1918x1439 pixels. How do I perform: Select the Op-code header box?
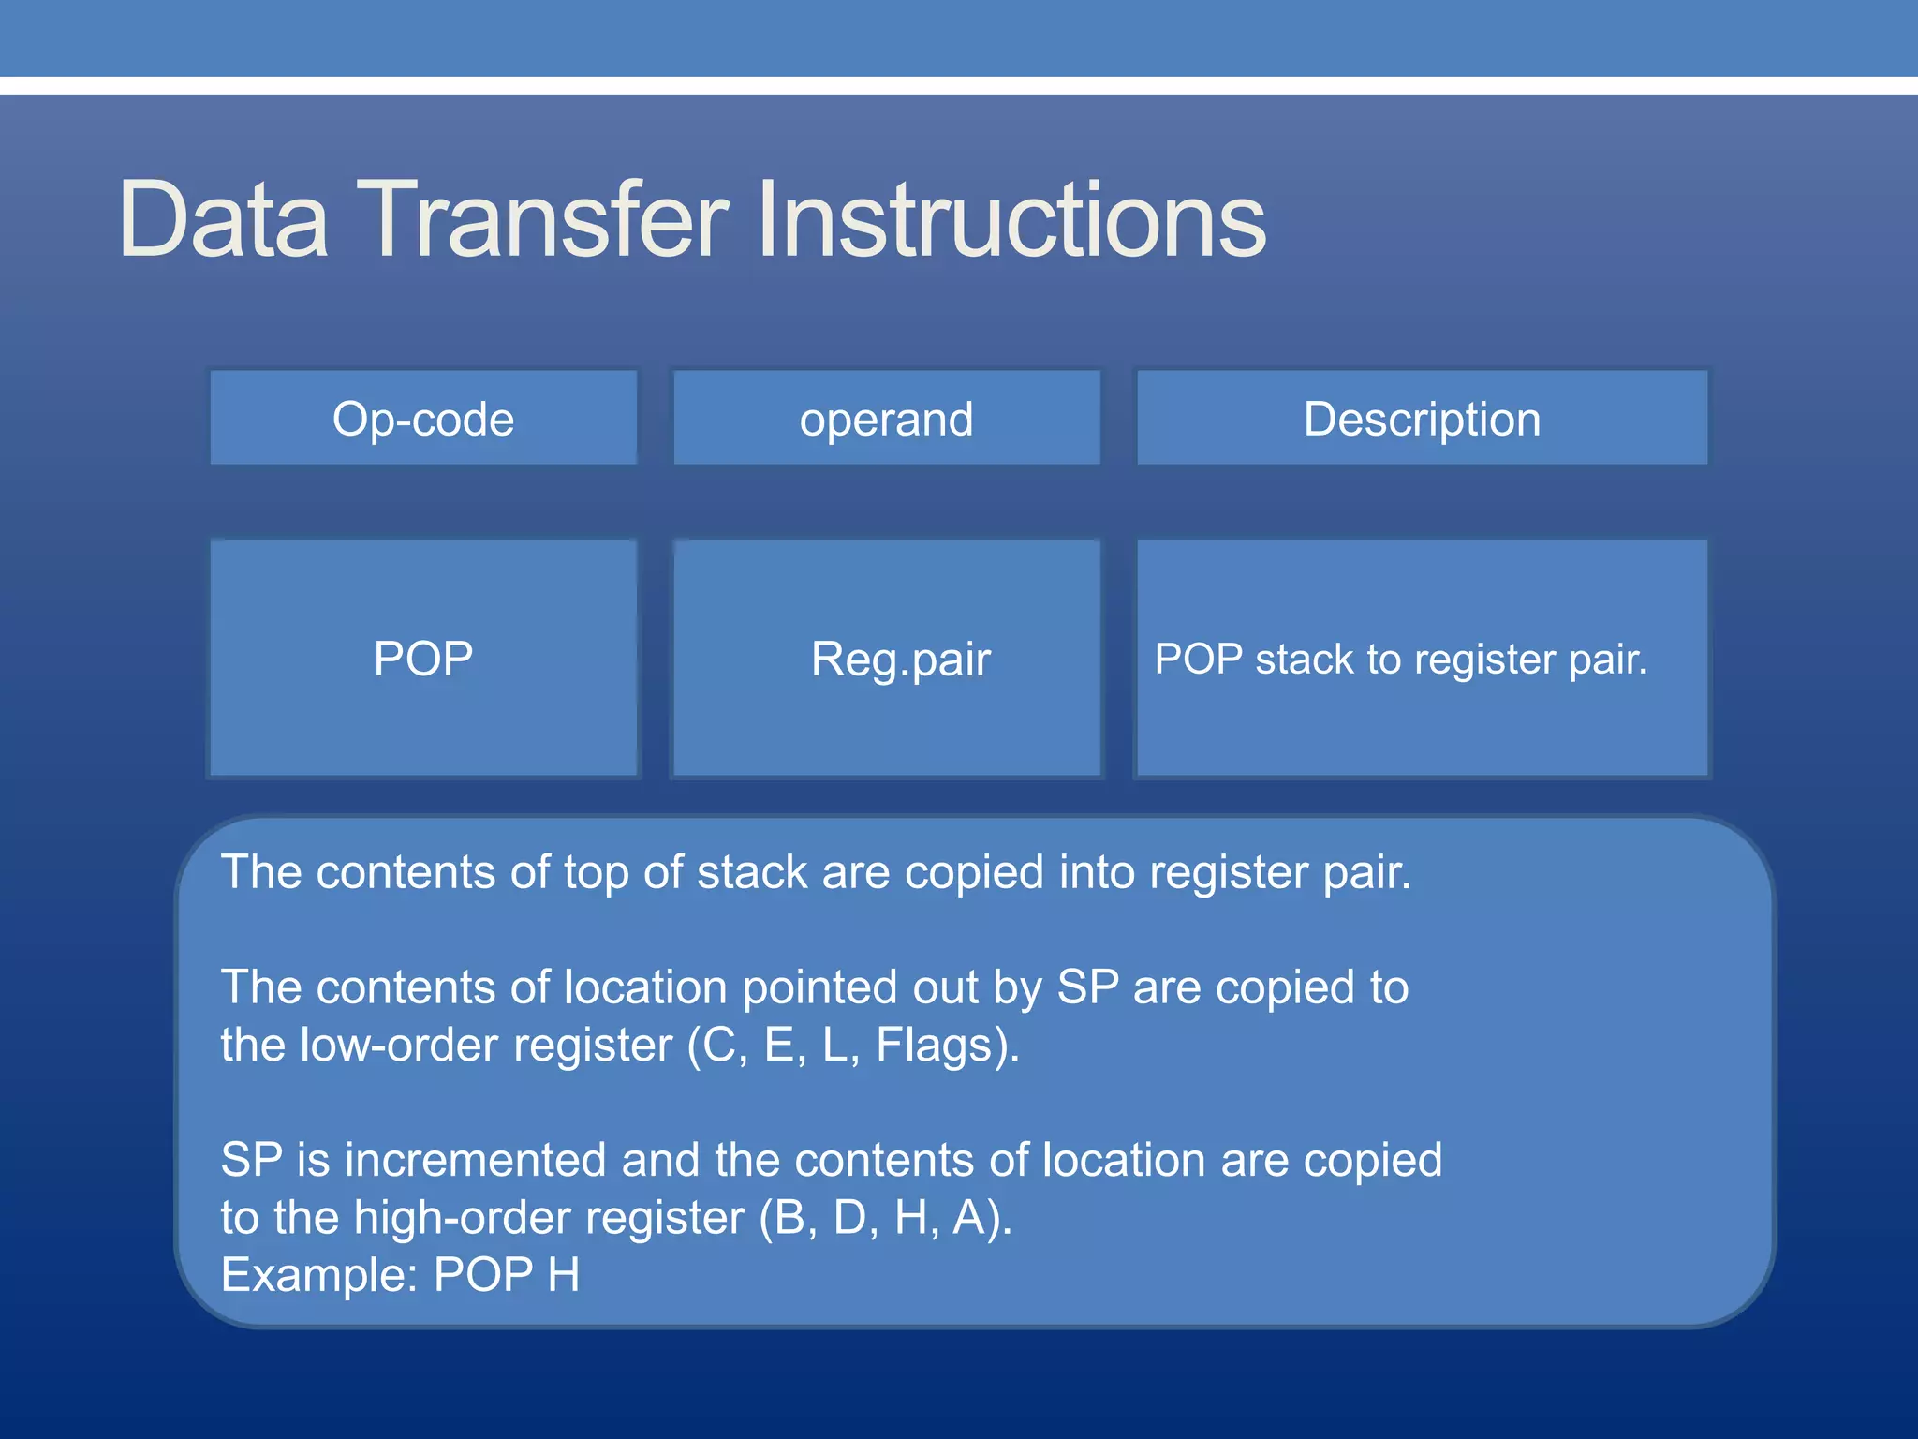[423, 418]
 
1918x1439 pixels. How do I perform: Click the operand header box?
[886, 418]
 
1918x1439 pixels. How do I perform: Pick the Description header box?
[1422, 418]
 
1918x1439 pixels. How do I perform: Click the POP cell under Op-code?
[423, 658]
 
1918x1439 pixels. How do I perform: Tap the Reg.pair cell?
[899, 659]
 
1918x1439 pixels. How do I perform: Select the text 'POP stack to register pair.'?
[1400, 659]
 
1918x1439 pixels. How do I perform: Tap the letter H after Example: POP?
[564, 1275]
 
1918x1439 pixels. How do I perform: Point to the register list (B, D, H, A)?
[885, 1218]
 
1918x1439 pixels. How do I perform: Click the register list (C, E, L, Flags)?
[852, 1045]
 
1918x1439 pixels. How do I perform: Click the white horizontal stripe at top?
[959, 85]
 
